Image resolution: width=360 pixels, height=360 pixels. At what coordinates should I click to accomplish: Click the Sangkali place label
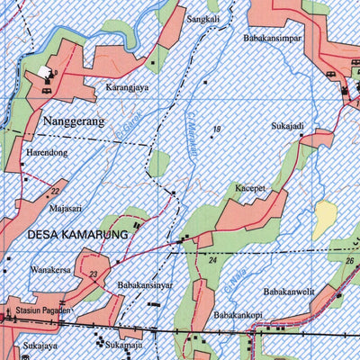tap(202, 18)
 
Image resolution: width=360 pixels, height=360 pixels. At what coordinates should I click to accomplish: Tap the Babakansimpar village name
tap(271, 39)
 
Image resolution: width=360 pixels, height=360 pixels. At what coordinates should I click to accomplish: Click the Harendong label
tap(47, 152)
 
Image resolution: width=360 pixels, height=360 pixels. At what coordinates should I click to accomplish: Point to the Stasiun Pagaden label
tap(44, 310)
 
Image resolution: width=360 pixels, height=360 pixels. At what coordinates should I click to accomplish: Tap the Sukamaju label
tap(124, 344)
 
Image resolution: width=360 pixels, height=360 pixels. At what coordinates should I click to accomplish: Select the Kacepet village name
tap(253, 188)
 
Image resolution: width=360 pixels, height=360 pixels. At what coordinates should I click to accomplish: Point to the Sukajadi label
tap(290, 127)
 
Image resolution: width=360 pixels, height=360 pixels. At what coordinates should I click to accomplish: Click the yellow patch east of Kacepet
tap(324, 218)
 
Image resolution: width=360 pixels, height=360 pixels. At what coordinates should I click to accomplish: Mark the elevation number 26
tap(349, 261)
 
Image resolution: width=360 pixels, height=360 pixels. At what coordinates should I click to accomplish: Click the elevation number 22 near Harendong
tap(55, 191)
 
